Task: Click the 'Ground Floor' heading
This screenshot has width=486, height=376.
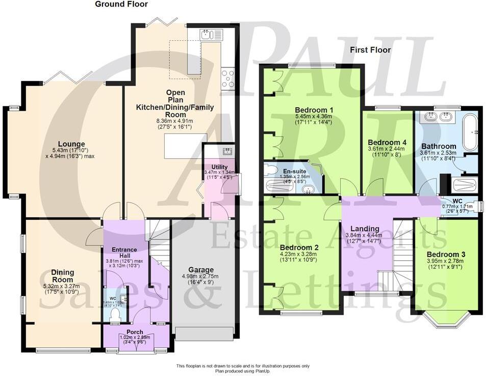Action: click(x=121, y=5)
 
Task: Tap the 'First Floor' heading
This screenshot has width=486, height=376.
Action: click(x=370, y=50)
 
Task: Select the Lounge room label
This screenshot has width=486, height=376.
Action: click(x=71, y=144)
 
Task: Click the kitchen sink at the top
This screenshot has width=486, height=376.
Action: click(x=211, y=34)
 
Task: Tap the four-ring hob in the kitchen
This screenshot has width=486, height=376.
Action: click(x=228, y=79)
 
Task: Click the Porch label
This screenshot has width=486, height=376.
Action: click(x=135, y=332)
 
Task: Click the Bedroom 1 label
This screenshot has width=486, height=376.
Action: click(x=314, y=110)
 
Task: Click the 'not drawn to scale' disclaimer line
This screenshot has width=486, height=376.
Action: click(x=243, y=366)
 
